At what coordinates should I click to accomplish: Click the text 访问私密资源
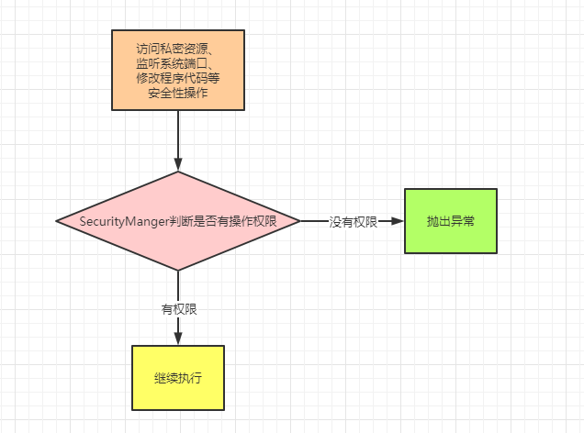[x=177, y=49]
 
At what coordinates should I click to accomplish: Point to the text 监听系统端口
[x=177, y=64]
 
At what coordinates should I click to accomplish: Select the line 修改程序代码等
[x=177, y=80]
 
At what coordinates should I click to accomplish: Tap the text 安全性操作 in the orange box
[x=177, y=94]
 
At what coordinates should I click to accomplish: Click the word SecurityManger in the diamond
[x=117, y=221]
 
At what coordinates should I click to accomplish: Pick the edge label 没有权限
[x=354, y=222]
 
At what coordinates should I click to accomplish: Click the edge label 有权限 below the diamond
[x=178, y=309]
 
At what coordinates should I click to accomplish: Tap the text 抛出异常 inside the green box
[x=450, y=221]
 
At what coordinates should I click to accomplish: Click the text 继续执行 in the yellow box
[x=177, y=378]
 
